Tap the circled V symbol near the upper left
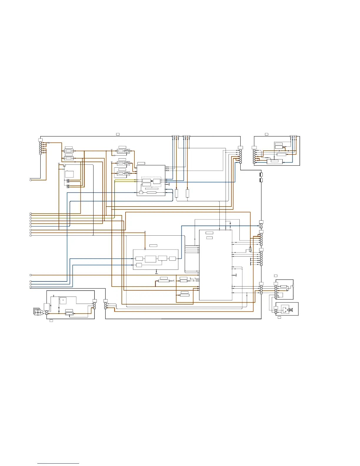pyautogui.click(x=64, y=166)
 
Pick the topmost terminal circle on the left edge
pyautogui.click(x=31, y=180)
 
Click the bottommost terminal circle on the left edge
pyautogui.click(x=31, y=287)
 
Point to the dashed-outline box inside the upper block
pyautogui.click(x=151, y=182)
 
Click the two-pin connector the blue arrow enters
pyautogui.click(x=261, y=226)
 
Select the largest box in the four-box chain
pyautogui.click(x=150, y=259)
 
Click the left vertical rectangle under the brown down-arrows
pyautogui.click(x=176, y=193)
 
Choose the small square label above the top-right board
pyautogui.click(x=266, y=134)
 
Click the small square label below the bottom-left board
pyautogui.click(x=51, y=320)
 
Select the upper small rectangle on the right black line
pyautogui.click(x=261, y=175)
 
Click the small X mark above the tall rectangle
pyautogui.click(x=230, y=224)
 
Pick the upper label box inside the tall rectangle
pyautogui.click(x=209, y=233)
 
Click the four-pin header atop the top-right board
pyautogui.click(x=293, y=137)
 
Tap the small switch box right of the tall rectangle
pyautogui.click(x=250, y=249)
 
